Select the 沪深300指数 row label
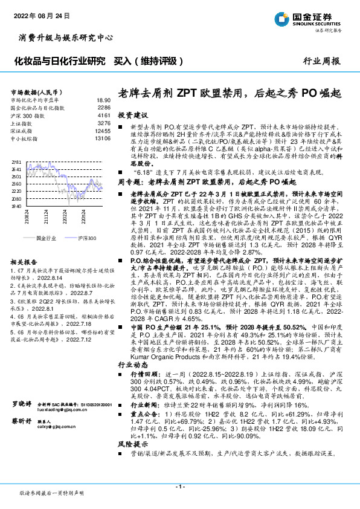tap(28, 114)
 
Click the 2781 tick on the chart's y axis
tap(17, 163)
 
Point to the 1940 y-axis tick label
tap(17, 206)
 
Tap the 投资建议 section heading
tap(132, 114)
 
